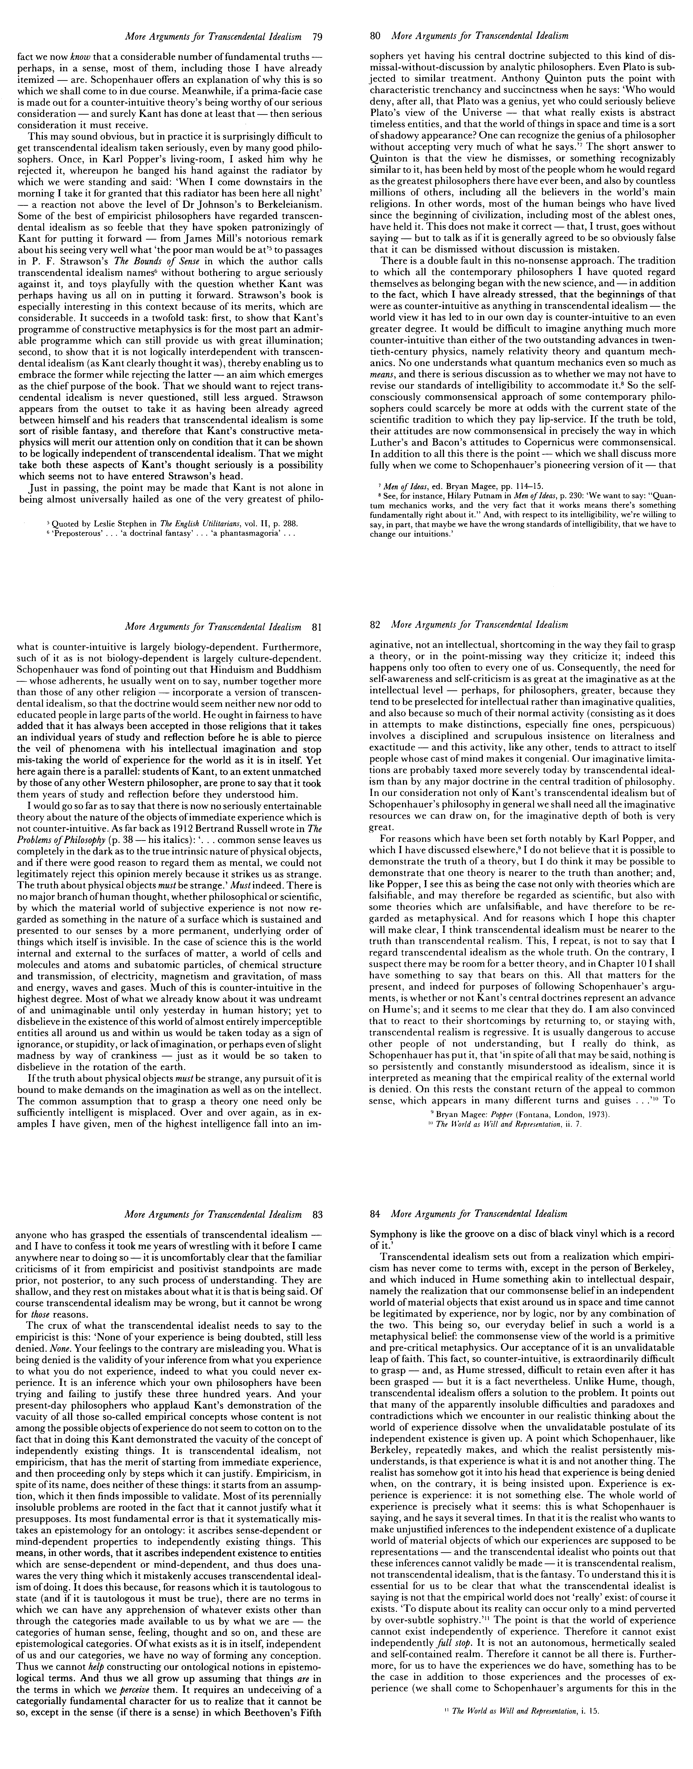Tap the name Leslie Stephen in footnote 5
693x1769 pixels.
click(108, 523)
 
